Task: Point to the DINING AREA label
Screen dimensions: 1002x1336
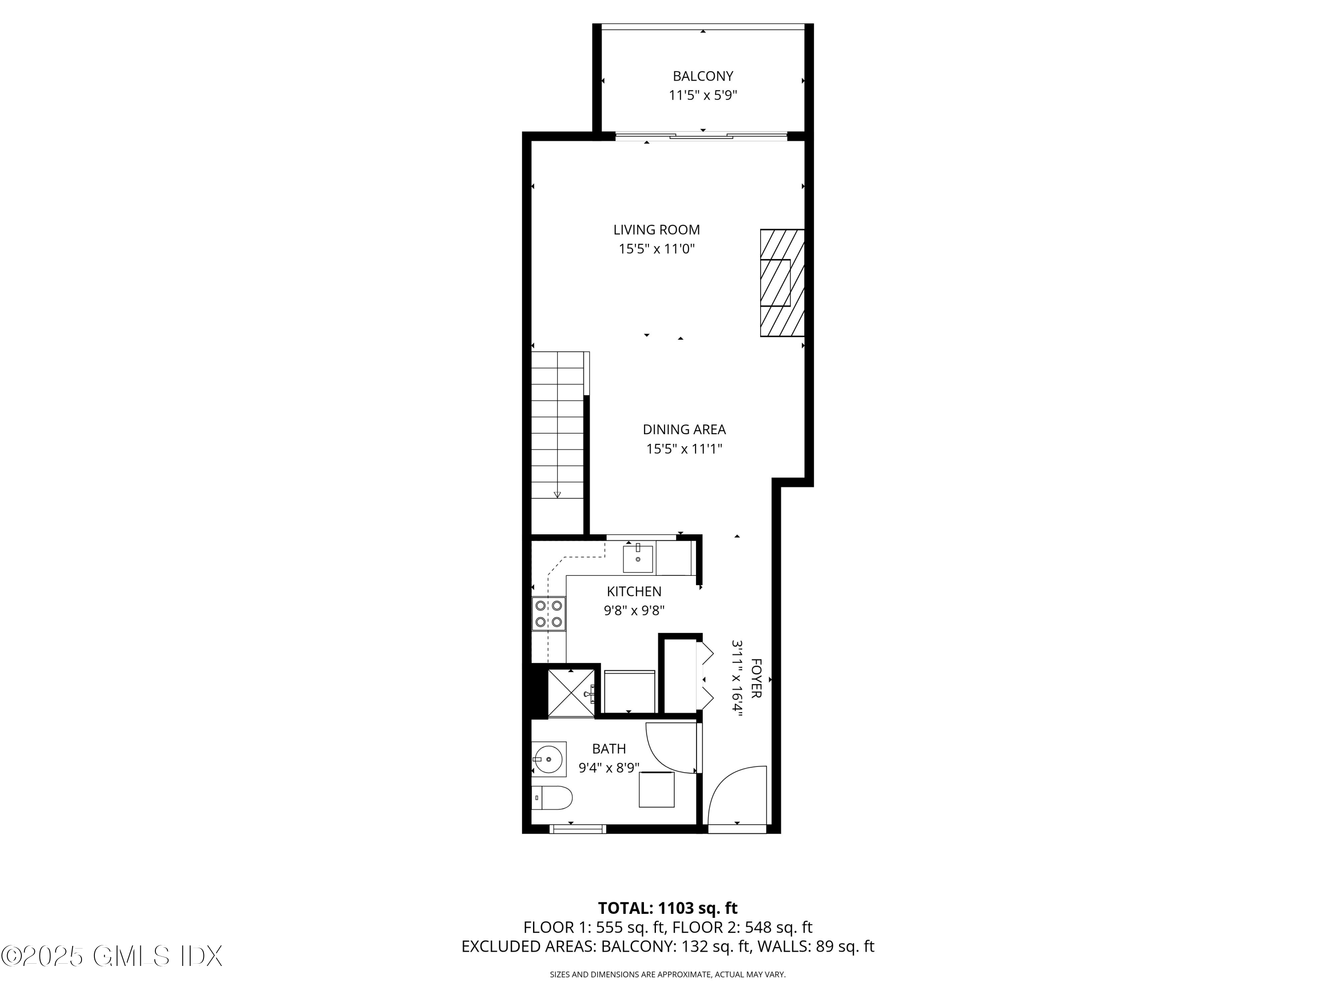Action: tap(684, 429)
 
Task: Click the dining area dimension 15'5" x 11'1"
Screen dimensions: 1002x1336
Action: tap(684, 449)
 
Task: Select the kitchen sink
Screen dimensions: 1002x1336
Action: tap(638, 559)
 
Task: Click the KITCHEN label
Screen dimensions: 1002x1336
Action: tap(634, 591)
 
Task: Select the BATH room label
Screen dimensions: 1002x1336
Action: tap(609, 749)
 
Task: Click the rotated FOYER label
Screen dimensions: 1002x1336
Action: tap(756, 678)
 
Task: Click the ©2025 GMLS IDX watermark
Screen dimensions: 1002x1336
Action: tap(112, 956)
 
